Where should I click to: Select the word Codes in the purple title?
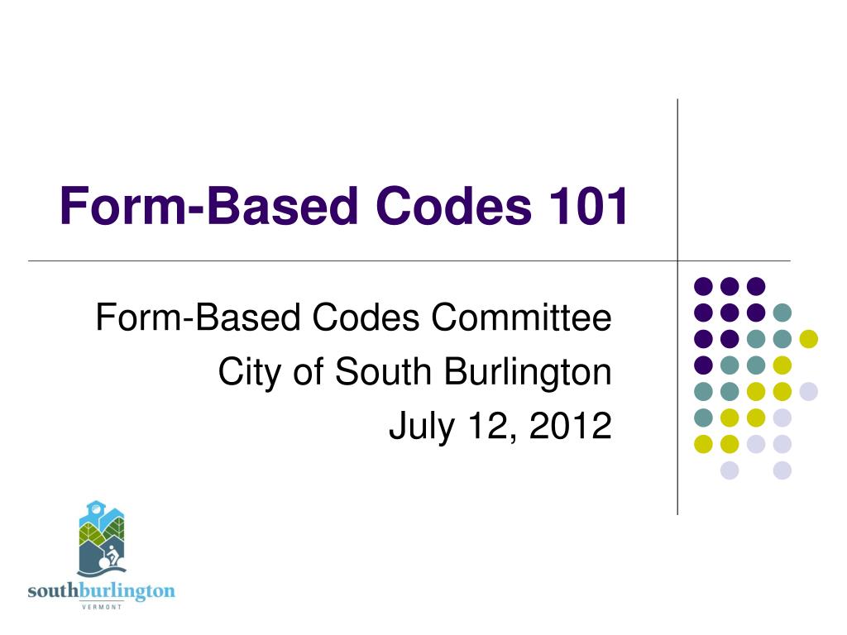[454, 205]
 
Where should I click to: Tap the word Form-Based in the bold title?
[209, 205]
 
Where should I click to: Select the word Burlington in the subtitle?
[528, 373]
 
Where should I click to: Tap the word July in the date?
[422, 427]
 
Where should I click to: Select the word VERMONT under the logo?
[102, 607]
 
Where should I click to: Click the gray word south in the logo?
[53, 590]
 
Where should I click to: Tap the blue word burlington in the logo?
[127, 592]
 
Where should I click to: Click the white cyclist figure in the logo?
[111, 556]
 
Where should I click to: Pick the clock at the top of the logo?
[95, 508]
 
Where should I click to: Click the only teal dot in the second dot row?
[782, 313]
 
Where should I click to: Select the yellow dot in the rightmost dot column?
[809, 339]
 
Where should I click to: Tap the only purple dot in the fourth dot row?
[703, 365]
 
